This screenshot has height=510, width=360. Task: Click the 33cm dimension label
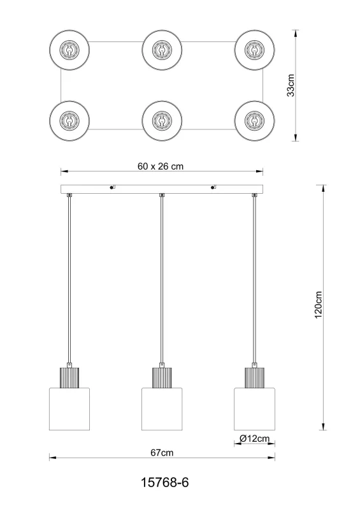coord(291,85)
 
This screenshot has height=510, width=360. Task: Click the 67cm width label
coord(162,453)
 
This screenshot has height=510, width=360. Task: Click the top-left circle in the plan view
coord(69,49)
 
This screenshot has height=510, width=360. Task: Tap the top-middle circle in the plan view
coord(162,49)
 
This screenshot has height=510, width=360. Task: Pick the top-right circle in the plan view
coord(254,49)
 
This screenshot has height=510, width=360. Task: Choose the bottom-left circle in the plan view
coord(69,119)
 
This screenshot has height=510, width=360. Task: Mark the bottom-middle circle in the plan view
coord(162,119)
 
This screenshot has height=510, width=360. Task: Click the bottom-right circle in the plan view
coord(254,119)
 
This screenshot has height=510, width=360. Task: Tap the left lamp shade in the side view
coord(69,408)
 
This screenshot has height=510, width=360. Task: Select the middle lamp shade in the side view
coord(162,408)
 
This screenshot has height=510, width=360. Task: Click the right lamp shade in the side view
coord(254,408)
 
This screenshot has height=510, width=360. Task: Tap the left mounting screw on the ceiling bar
coord(112,187)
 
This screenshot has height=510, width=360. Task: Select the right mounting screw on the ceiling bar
coord(213,187)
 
